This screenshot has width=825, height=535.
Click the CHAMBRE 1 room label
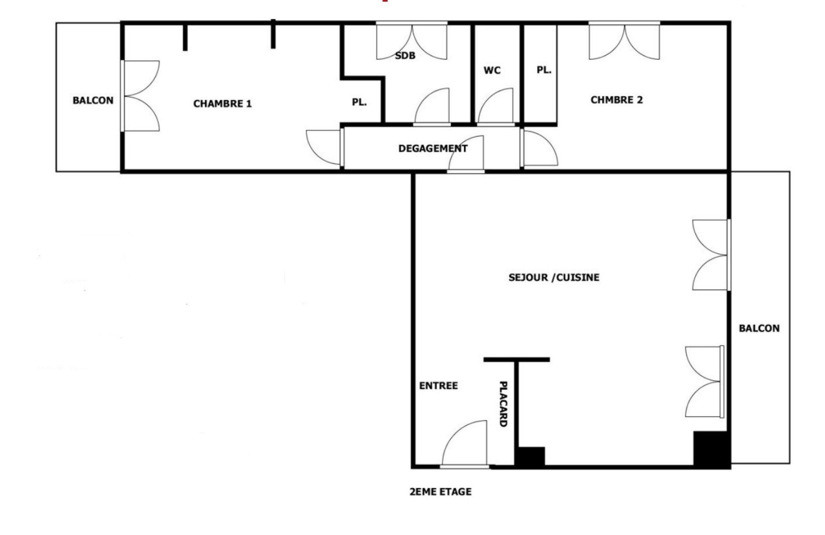pyautogui.click(x=222, y=104)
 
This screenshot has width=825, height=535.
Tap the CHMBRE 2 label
pyautogui.click(x=617, y=100)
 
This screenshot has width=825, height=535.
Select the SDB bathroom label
pyautogui.click(x=405, y=55)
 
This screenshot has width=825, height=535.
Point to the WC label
pyautogui.click(x=492, y=70)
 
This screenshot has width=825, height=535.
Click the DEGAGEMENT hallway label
pyautogui.click(x=433, y=149)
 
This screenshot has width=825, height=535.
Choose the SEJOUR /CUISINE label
pyautogui.click(x=554, y=277)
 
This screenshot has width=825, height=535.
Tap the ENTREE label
pyautogui.click(x=438, y=385)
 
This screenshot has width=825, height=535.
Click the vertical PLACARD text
pyautogui.click(x=503, y=404)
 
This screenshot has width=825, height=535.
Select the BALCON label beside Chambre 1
pyautogui.click(x=93, y=100)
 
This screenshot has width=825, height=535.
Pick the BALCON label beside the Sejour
pyautogui.click(x=759, y=328)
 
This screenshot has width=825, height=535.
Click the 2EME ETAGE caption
pyautogui.click(x=440, y=492)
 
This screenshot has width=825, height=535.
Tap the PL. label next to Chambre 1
pyautogui.click(x=359, y=102)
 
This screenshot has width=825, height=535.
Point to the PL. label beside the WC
pyautogui.click(x=544, y=70)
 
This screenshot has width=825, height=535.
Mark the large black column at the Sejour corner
pyautogui.click(x=712, y=449)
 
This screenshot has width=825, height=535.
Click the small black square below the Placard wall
pyautogui.click(x=530, y=456)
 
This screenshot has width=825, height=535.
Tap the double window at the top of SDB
pyautogui.click(x=412, y=41)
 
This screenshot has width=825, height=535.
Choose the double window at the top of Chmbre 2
pyautogui.click(x=624, y=41)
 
